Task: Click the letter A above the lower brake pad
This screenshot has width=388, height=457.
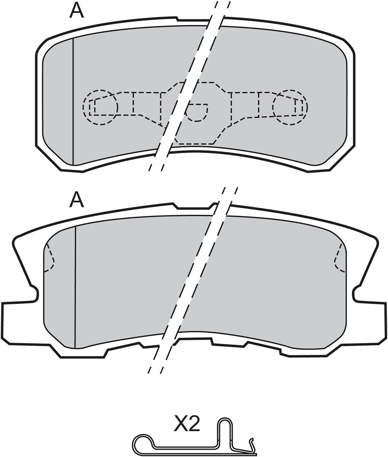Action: click(x=77, y=200)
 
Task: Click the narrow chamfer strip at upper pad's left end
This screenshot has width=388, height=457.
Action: click(x=58, y=102)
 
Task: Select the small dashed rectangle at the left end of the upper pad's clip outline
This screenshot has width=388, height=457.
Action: click(x=92, y=107)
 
